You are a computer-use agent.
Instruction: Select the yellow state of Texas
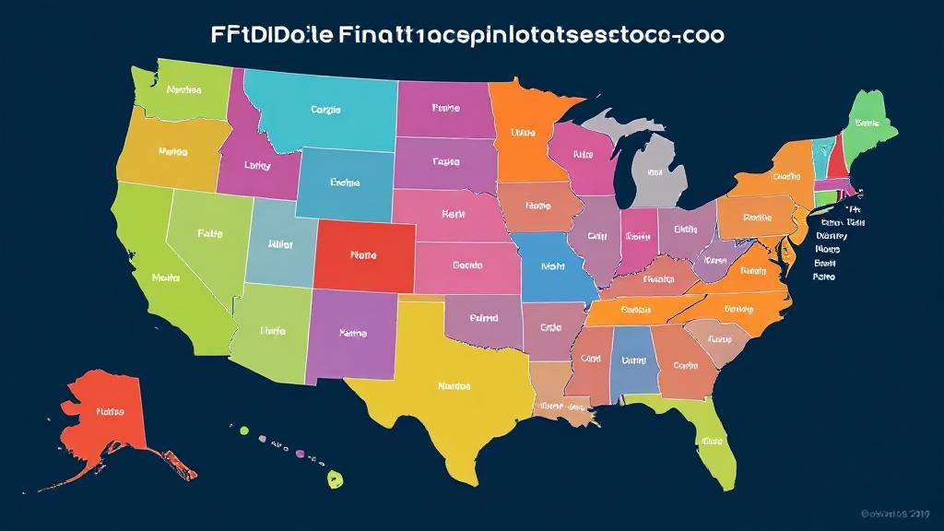(x=442, y=387)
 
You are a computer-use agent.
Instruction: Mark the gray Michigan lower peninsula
(x=656, y=171)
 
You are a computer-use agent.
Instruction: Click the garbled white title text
(x=465, y=35)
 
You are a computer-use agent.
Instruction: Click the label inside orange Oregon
(x=172, y=152)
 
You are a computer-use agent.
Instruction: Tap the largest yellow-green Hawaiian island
(x=336, y=478)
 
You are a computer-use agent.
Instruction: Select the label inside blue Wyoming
(x=344, y=183)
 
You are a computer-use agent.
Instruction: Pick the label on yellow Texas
(x=454, y=386)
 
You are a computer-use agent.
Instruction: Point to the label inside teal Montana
(x=325, y=110)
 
